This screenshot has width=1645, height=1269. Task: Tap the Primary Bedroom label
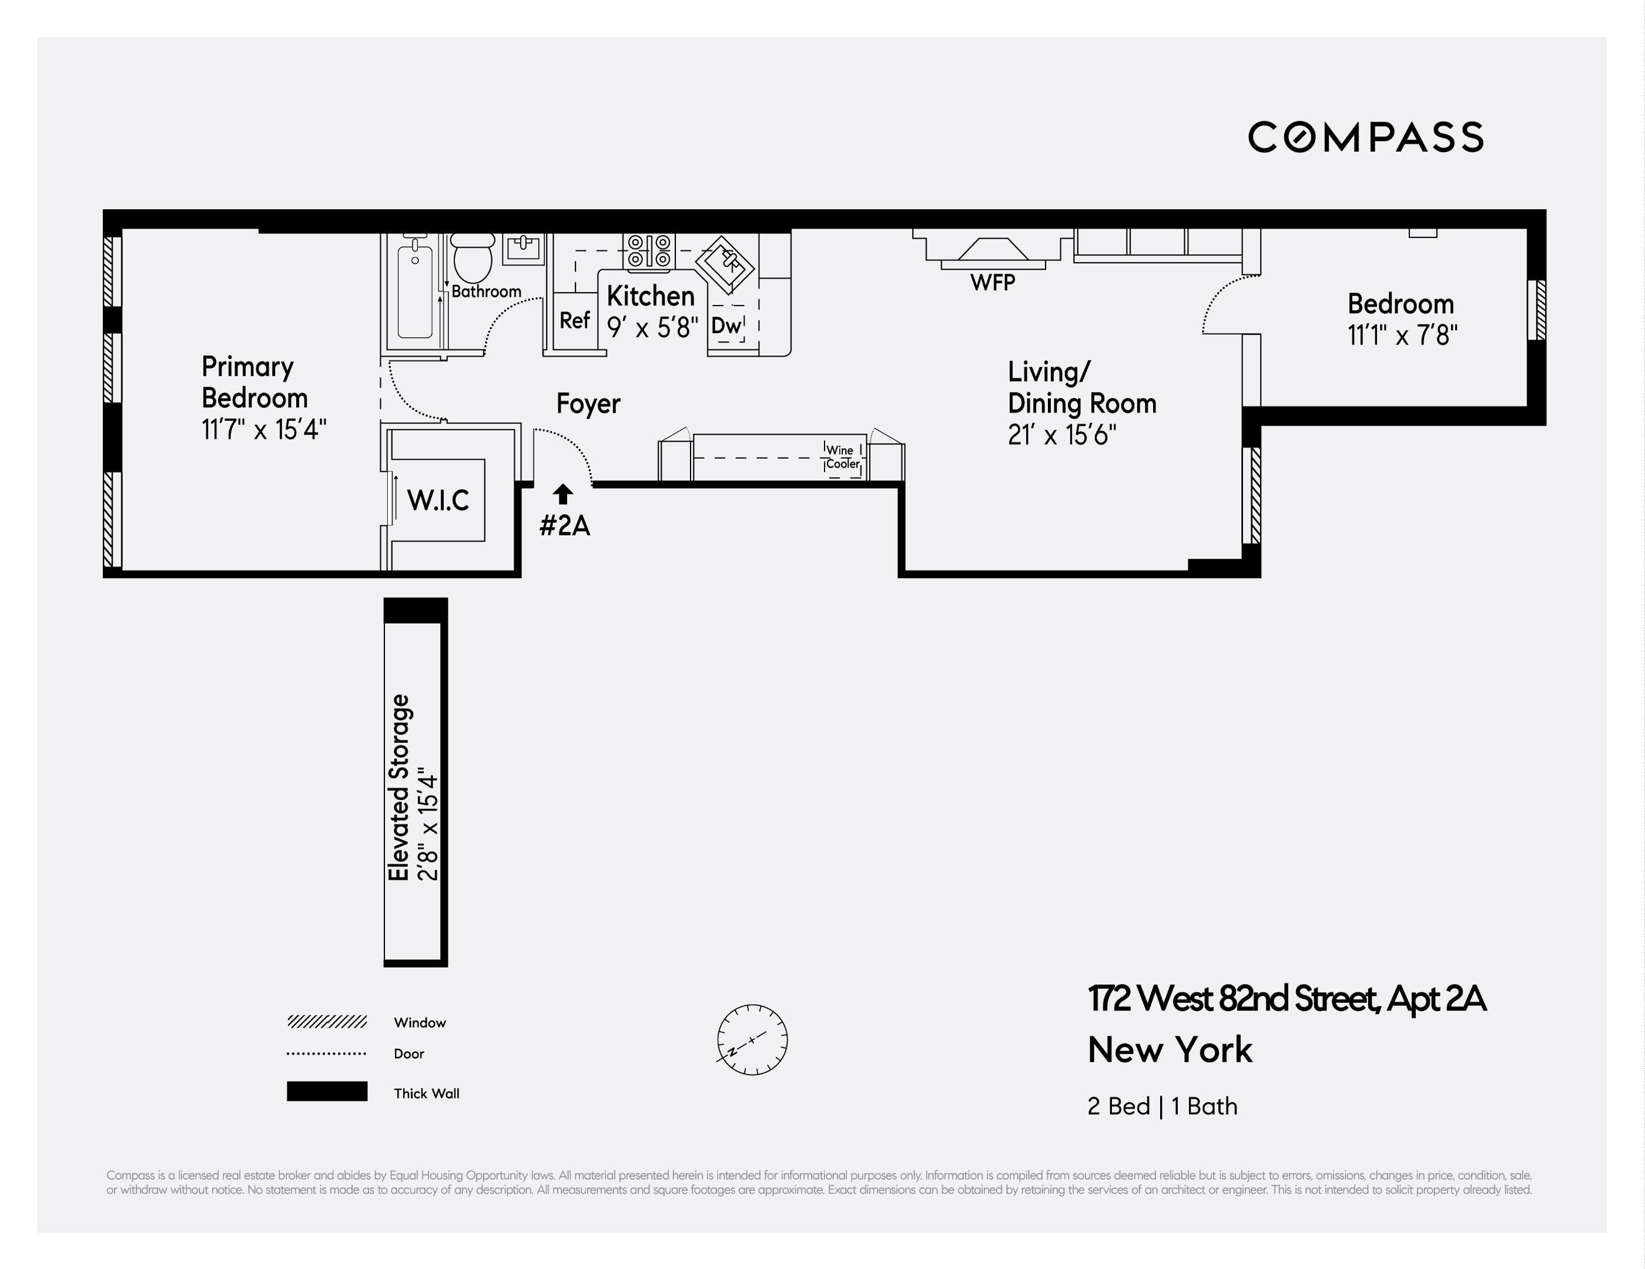coord(254,382)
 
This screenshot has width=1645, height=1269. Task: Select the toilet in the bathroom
coord(473,257)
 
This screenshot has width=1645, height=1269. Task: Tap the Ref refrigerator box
coord(575,321)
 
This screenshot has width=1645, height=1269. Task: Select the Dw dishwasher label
coord(726,325)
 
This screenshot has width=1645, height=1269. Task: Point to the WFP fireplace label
coord(992,283)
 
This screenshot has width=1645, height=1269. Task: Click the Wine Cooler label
coord(842,457)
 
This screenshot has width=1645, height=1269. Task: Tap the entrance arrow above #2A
coord(562,494)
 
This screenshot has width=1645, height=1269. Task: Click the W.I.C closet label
coord(438,500)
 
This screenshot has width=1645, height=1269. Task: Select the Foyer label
coord(588,404)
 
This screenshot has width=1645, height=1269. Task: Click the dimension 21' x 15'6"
coord(1061,435)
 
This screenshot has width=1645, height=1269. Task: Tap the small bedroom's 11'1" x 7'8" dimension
coord(1402,335)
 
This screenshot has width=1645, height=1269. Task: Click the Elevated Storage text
coord(398,787)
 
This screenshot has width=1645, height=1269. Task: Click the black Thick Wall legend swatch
coord(327,1091)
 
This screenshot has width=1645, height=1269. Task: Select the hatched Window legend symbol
coord(327,1022)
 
